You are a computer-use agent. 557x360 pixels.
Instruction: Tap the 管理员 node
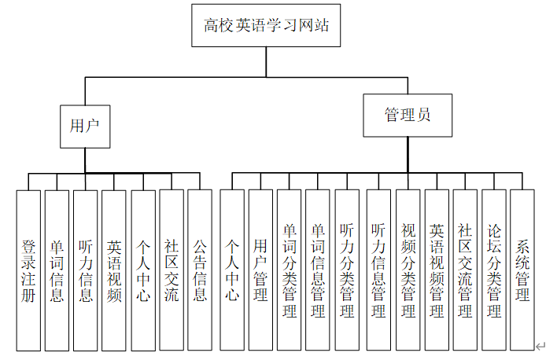(x=408, y=115)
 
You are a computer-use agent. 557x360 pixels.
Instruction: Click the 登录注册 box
(x=28, y=270)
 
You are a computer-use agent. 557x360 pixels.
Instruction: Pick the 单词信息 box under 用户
(x=57, y=270)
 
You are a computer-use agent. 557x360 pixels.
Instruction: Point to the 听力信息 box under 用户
(x=86, y=270)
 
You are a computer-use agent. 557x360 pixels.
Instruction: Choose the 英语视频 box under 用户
(x=114, y=270)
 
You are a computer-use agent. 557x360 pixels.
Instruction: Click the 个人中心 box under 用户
(x=142, y=270)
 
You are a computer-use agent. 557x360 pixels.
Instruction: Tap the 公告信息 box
(x=200, y=270)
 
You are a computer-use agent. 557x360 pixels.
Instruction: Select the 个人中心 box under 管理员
(x=232, y=270)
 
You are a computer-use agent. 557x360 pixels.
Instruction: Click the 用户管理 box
(x=260, y=270)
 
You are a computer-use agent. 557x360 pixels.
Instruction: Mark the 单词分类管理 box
(x=290, y=270)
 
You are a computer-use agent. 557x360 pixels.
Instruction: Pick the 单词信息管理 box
(x=318, y=270)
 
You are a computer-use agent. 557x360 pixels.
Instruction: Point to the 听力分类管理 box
(x=347, y=270)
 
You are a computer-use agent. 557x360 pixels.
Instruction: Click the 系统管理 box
(x=522, y=270)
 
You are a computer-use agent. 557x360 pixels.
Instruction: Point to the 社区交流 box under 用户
(x=172, y=270)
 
